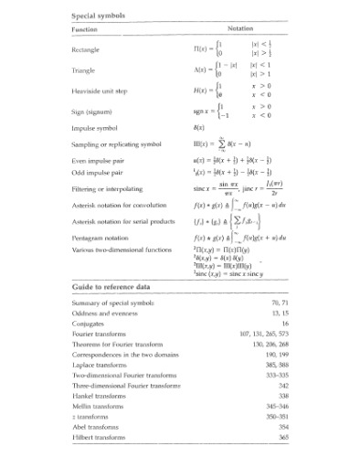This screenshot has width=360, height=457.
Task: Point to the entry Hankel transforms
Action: point(98,397)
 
